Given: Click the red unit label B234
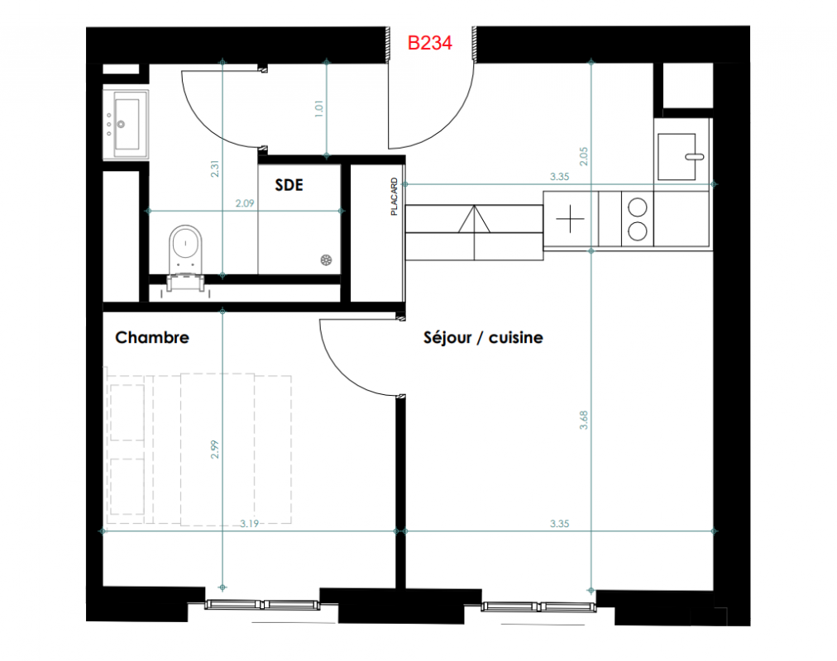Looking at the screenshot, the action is pyautogui.click(x=430, y=43).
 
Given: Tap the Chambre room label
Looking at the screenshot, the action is pyautogui.click(x=152, y=337).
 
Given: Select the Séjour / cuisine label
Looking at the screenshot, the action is pyautogui.click(x=483, y=337).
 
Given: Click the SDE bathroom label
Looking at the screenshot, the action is pyautogui.click(x=289, y=185).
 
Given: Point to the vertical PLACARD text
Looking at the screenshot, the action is pyautogui.click(x=394, y=197).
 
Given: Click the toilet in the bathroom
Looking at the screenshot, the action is pyautogui.click(x=186, y=257).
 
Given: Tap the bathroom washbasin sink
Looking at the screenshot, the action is pyautogui.click(x=127, y=124).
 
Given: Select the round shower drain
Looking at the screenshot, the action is pyautogui.click(x=326, y=260).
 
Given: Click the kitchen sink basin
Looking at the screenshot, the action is pyautogui.click(x=677, y=157).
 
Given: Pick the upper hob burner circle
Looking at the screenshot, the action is pyautogui.click(x=638, y=207).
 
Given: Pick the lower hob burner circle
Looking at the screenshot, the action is pyautogui.click(x=638, y=231).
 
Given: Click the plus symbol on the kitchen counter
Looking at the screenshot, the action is pyautogui.click(x=570, y=219).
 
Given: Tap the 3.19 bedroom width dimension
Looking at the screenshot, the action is pyautogui.click(x=249, y=524).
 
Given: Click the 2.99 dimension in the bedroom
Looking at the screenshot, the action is pyautogui.click(x=214, y=449).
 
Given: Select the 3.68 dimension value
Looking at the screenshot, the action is pyautogui.click(x=583, y=420).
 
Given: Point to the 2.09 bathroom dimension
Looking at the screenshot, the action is pyautogui.click(x=245, y=203).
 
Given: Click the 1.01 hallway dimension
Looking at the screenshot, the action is pyautogui.click(x=318, y=109).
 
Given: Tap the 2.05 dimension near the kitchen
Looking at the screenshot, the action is pyautogui.click(x=583, y=156).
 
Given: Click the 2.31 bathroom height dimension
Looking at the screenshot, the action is pyautogui.click(x=214, y=169).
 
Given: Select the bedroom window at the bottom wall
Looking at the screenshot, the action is pyautogui.click(x=262, y=605).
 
